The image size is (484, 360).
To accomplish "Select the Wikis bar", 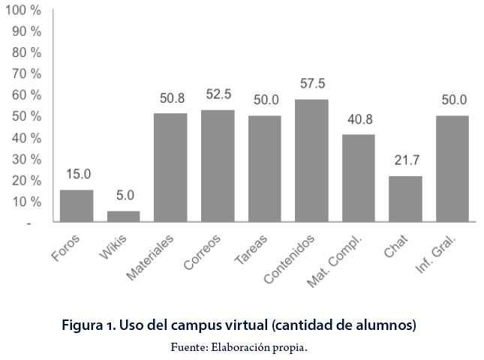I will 124,216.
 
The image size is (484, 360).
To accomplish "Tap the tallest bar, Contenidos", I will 311,160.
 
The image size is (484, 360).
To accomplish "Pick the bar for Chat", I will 405,199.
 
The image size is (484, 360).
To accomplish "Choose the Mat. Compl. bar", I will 359,178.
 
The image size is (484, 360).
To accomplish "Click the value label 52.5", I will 218,95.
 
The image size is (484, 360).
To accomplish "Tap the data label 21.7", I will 406,160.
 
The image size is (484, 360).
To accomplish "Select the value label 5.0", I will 125,196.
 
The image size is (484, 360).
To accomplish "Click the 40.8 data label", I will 359,119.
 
